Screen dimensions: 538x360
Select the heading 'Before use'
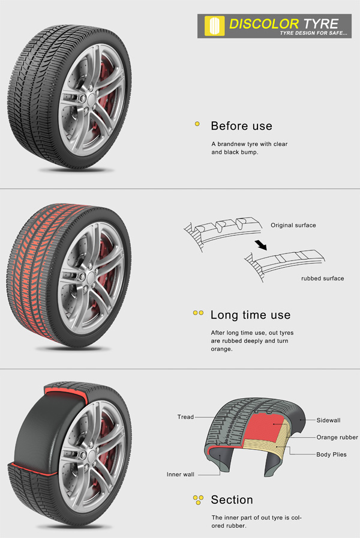(x=241, y=126)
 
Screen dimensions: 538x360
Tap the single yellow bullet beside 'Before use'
(x=197, y=125)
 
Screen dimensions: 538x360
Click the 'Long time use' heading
(x=250, y=315)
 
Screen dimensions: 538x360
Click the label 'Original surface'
(x=293, y=226)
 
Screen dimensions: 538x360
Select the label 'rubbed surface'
(x=322, y=279)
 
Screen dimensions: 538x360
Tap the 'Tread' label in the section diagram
(x=185, y=417)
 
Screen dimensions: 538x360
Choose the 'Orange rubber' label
(x=337, y=437)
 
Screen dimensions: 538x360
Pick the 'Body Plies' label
(x=331, y=455)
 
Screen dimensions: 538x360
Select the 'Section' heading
(x=232, y=500)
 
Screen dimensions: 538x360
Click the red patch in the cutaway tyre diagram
(x=264, y=434)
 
